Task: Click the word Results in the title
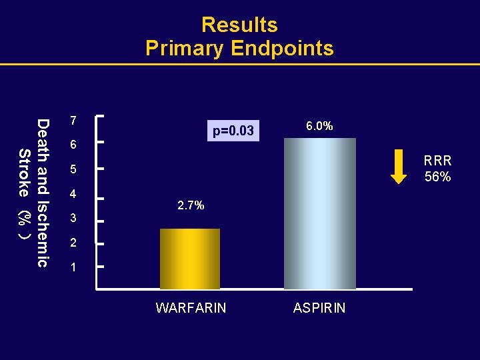point(239,25)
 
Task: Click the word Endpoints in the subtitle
point(282,49)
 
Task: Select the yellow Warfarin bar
point(190,259)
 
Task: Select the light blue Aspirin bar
point(320,213)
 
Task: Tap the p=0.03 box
point(233,131)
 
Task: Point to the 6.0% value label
point(319,126)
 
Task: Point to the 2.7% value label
point(191,206)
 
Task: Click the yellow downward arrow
point(398,167)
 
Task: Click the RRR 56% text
point(438,169)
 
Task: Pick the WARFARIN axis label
point(191,308)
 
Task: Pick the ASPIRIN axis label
point(319,308)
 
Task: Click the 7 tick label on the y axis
point(74,121)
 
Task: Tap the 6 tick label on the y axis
point(74,145)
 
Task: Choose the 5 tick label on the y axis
point(74,170)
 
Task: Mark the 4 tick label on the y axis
point(74,195)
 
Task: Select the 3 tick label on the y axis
point(74,219)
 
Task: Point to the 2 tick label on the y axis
point(74,243)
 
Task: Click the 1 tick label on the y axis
point(74,268)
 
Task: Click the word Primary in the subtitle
point(185,49)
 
